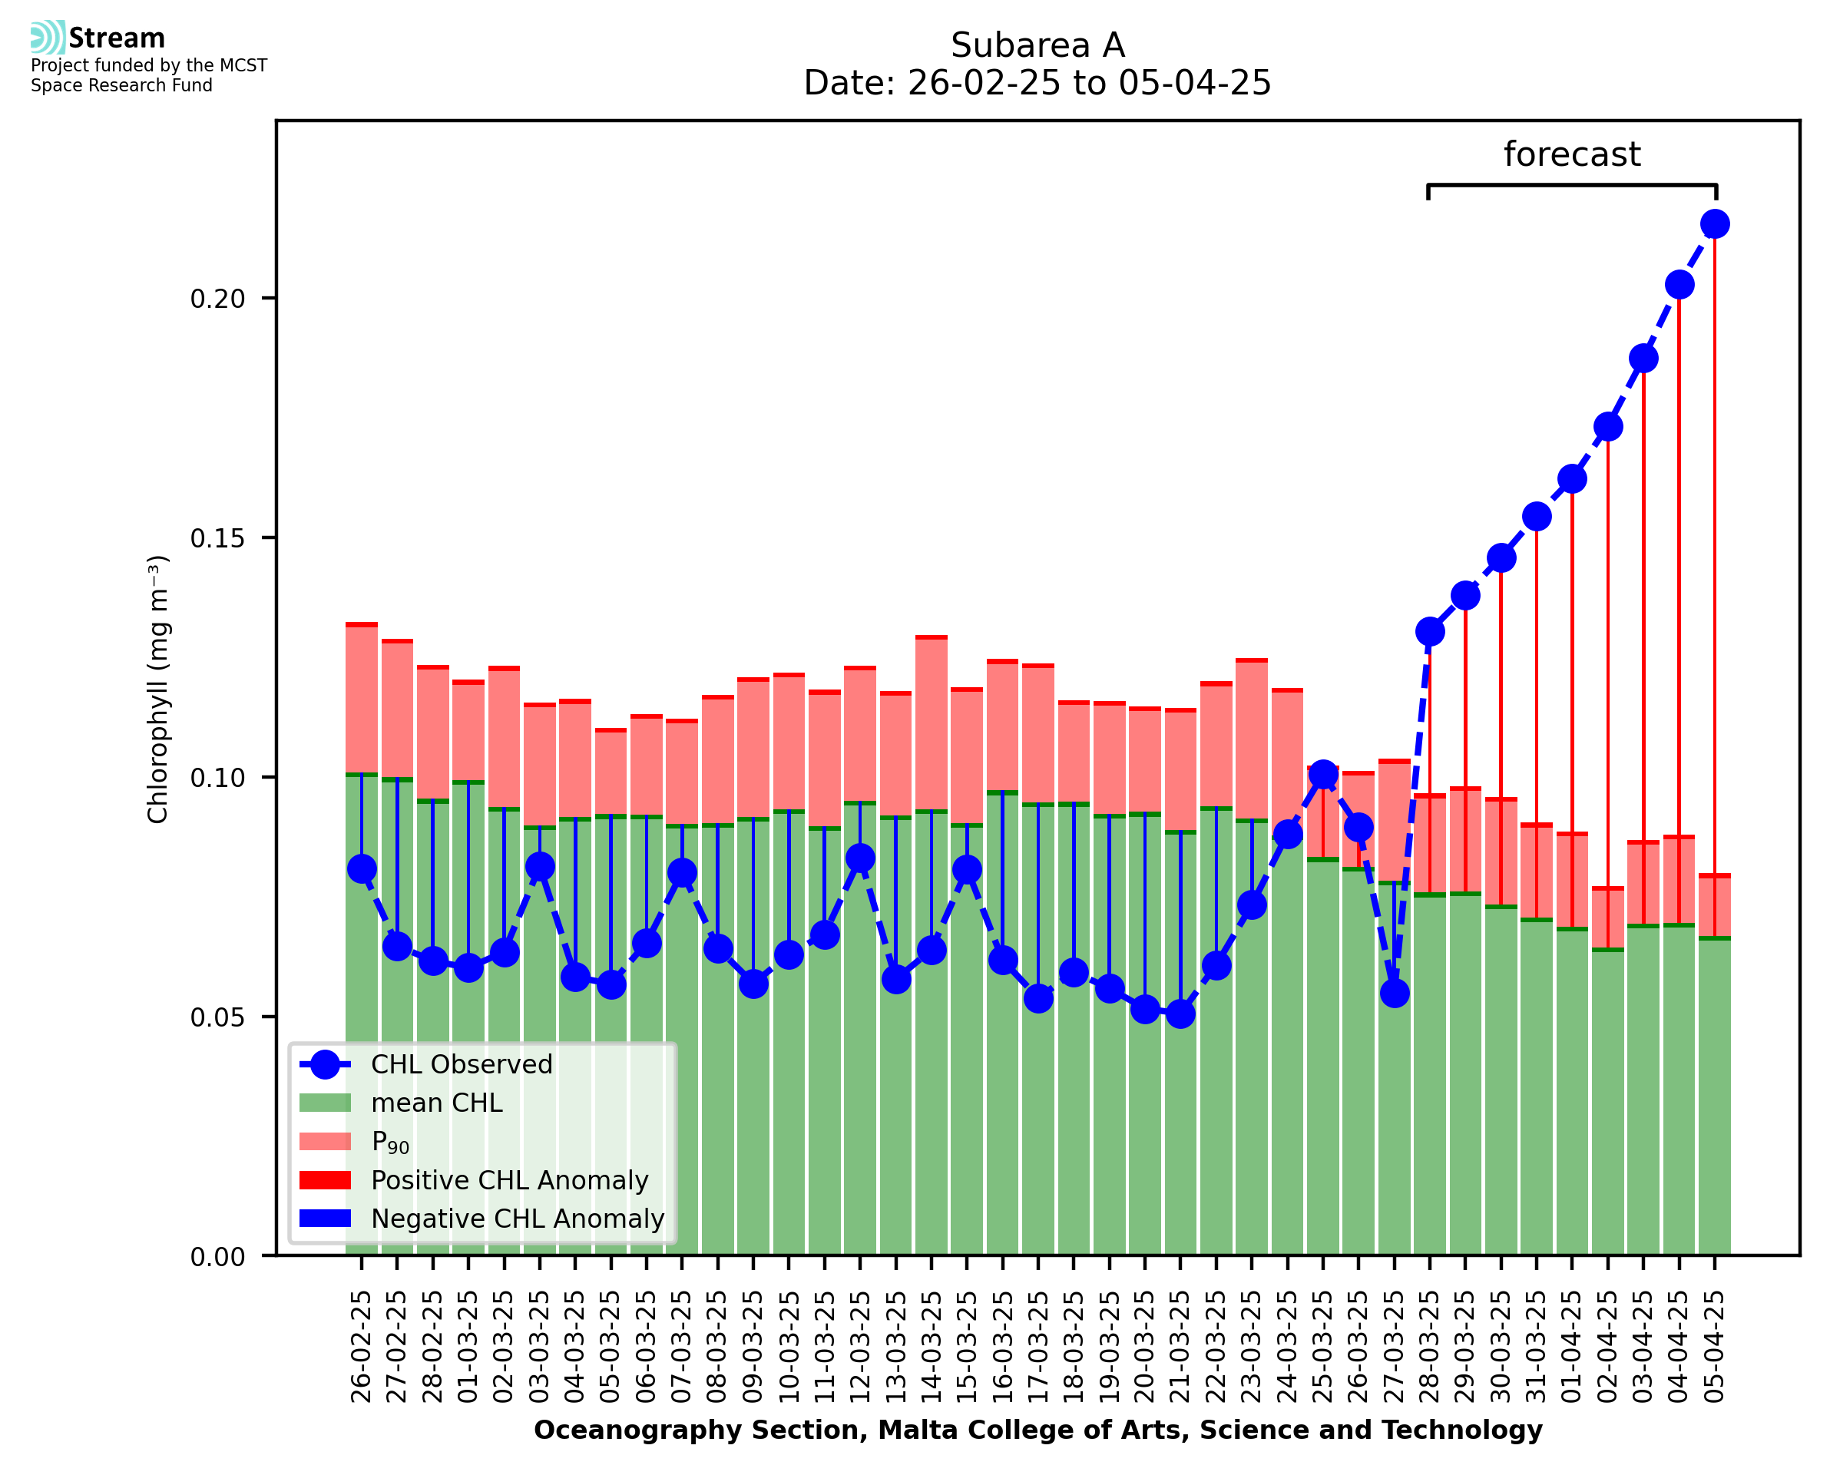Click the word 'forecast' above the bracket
point(1571,154)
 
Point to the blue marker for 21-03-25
point(1180,1013)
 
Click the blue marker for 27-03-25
point(1394,992)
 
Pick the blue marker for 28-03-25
point(1430,631)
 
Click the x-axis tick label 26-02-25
point(362,1348)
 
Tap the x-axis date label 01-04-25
point(1572,1348)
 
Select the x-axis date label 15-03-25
point(967,1348)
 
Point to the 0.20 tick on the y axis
point(217,299)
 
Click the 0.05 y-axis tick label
point(217,1017)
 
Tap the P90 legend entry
point(390,1142)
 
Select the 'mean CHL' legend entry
point(437,1103)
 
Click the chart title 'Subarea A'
point(1037,45)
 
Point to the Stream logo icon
point(48,37)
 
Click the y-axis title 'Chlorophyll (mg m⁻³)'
point(159,689)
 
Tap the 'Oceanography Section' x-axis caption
point(1037,1430)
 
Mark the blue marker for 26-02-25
point(362,868)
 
